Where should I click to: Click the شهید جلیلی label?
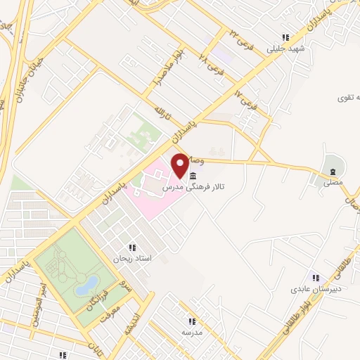pyautogui.click(x=285, y=50)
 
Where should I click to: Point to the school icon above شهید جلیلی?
pyautogui.click(x=285, y=38)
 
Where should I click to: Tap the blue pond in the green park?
pyautogui.click(x=89, y=285)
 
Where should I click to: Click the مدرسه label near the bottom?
pyautogui.click(x=192, y=332)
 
